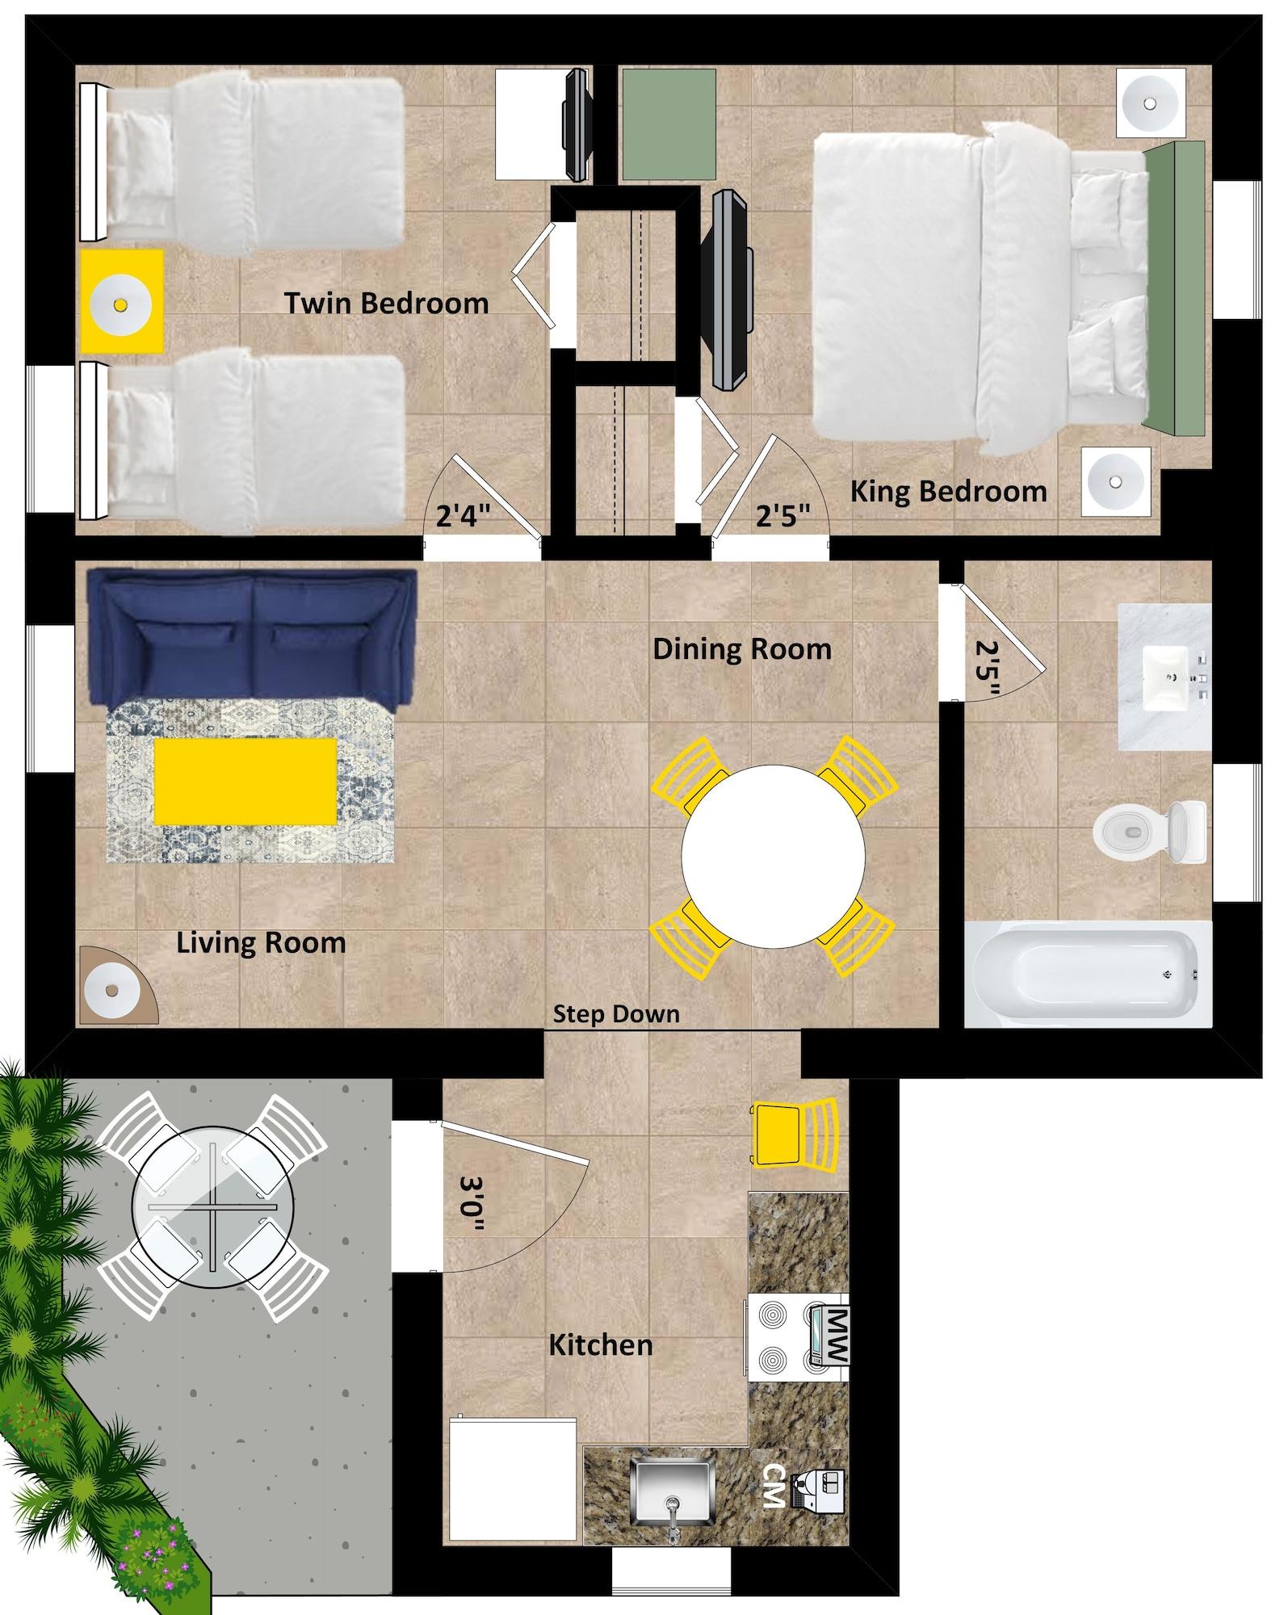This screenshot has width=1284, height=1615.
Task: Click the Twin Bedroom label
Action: click(x=386, y=304)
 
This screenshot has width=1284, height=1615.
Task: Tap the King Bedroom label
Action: click(x=948, y=491)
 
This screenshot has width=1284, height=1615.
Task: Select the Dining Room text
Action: click(x=741, y=648)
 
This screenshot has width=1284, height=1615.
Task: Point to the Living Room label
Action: click(x=261, y=942)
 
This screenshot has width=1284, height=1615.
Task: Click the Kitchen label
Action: click(x=601, y=1345)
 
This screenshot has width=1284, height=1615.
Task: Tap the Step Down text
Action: click(x=615, y=1014)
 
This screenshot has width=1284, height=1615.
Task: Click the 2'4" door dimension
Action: click(x=464, y=515)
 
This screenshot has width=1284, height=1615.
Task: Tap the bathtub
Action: click(x=1087, y=975)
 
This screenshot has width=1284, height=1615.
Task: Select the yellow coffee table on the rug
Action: click(x=245, y=781)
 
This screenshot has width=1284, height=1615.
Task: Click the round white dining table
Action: click(x=773, y=857)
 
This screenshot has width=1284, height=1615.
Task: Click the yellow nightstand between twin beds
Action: click(x=121, y=302)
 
